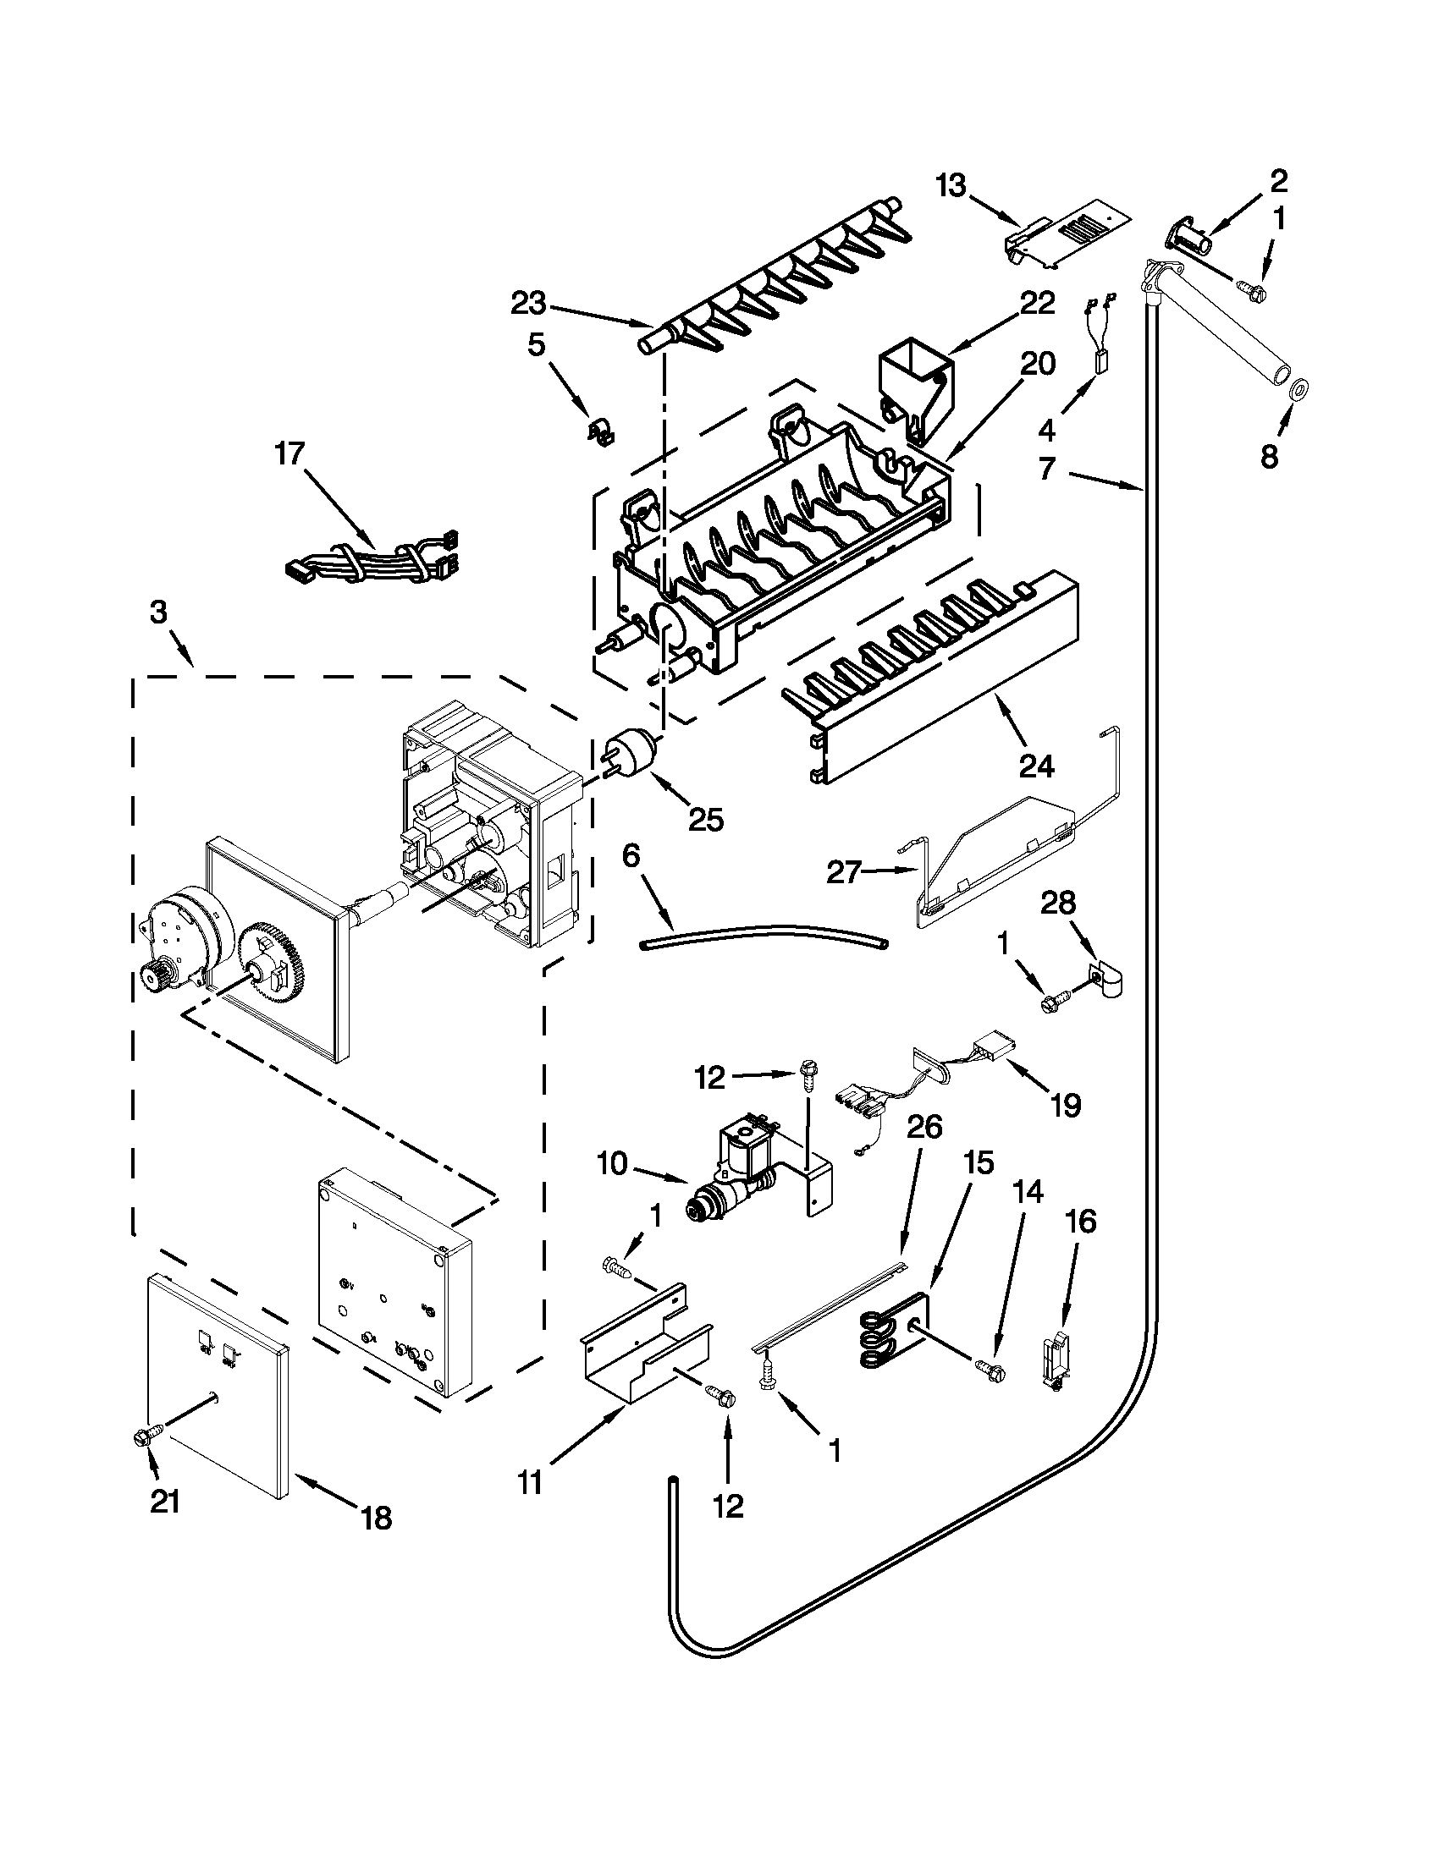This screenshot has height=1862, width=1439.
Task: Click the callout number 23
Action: tap(534, 303)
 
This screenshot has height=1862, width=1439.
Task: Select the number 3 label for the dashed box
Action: tap(159, 612)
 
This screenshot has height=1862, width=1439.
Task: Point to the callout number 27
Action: tap(843, 872)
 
